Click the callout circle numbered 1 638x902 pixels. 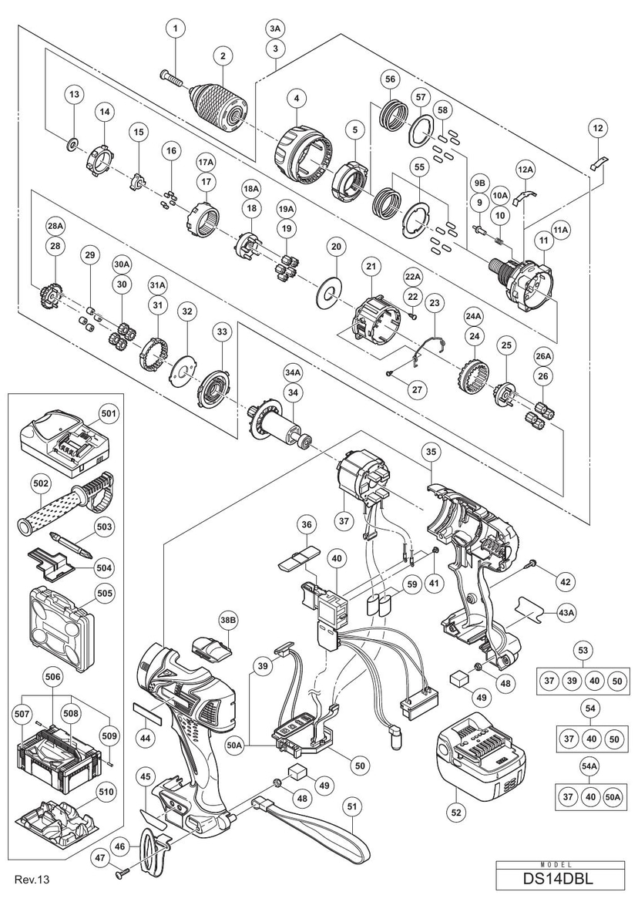click(x=176, y=29)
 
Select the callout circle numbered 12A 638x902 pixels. click(x=525, y=168)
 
